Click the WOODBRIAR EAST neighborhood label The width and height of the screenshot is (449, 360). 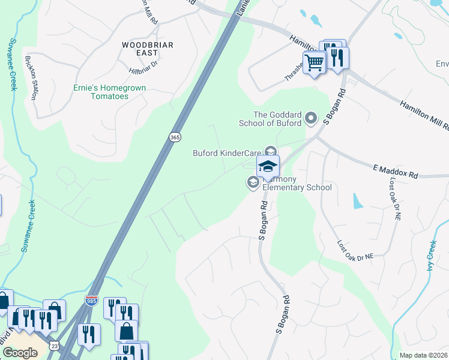147,49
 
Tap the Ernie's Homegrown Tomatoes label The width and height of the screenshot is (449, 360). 109,92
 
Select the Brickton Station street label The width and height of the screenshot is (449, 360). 31,77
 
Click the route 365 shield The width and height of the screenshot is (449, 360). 174,137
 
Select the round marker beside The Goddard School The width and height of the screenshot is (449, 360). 311,119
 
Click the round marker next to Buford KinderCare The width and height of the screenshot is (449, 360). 271,152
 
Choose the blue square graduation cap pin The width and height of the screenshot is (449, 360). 268,166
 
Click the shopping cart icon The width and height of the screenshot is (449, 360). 314,62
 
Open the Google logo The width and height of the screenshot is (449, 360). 20,352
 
